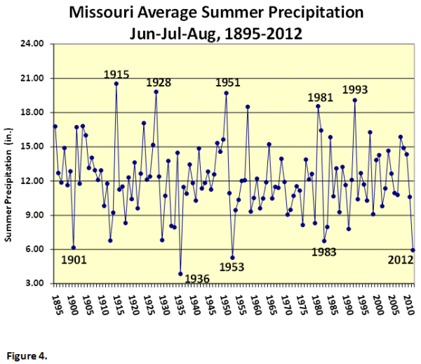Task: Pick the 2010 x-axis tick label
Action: pos(409,300)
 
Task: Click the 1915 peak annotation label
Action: pos(116,74)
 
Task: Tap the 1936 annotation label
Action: pos(197,278)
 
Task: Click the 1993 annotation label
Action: pos(355,90)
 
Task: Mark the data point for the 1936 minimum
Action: pos(180,273)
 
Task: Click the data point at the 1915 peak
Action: pos(116,84)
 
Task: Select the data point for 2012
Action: pos(413,249)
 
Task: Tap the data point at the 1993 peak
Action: pos(355,100)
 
